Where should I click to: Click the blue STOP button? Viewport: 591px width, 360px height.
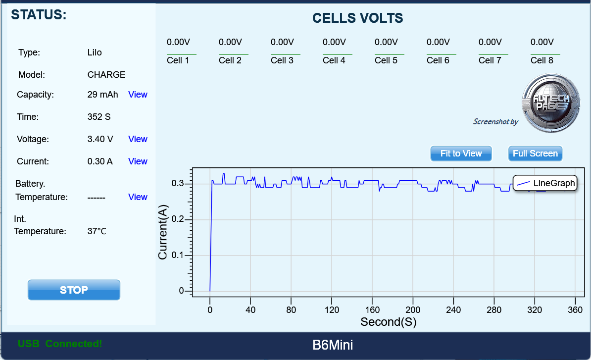(x=74, y=290)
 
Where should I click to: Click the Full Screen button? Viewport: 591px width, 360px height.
(x=535, y=154)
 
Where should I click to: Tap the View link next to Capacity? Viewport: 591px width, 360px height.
(x=138, y=95)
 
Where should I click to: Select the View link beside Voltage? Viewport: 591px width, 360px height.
(x=138, y=139)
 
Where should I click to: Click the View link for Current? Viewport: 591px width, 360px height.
(x=138, y=161)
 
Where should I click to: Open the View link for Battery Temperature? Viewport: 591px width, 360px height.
(x=138, y=197)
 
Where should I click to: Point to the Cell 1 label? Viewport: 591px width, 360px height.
(x=178, y=60)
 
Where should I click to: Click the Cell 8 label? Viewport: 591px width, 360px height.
(x=542, y=60)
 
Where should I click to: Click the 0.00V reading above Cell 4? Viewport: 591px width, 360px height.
(x=334, y=42)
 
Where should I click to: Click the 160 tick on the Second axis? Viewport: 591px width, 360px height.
(x=372, y=309)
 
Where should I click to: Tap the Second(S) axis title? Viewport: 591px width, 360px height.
(x=388, y=322)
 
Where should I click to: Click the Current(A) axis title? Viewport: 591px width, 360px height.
(x=163, y=233)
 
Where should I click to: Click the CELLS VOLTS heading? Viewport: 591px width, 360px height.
(x=357, y=18)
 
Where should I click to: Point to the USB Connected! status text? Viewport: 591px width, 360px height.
(x=60, y=344)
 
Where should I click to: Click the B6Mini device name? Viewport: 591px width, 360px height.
(x=333, y=345)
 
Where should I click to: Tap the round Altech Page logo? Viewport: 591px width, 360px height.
(x=551, y=103)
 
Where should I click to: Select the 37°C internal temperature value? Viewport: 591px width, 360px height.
(x=97, y=231)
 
